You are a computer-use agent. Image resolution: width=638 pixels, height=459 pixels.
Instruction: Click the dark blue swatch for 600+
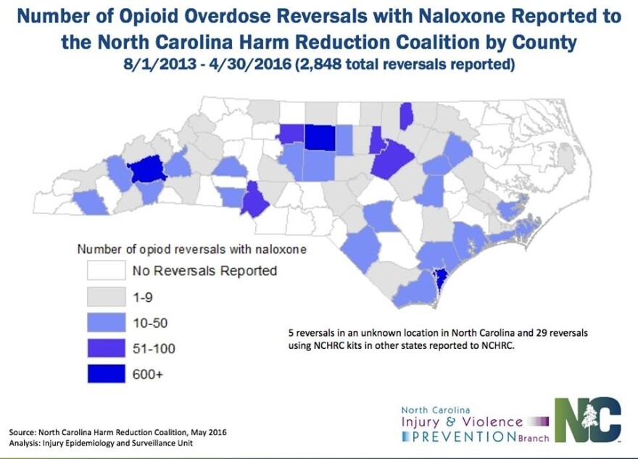coord(106,375)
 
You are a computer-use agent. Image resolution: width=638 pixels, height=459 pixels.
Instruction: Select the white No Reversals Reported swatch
coord(106,271)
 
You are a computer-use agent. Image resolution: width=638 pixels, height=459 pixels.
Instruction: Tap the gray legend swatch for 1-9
coord(106,297)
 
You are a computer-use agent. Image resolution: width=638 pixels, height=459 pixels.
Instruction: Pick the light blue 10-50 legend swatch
coord(106,323)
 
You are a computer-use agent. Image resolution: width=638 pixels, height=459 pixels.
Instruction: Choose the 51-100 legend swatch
coord(106,349)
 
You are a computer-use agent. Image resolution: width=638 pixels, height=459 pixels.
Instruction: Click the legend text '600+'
coord(149,375)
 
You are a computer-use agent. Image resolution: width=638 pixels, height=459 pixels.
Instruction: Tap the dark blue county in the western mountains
coord(147,171)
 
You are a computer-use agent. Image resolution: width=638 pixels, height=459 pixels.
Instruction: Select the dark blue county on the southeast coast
coord(439,279)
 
